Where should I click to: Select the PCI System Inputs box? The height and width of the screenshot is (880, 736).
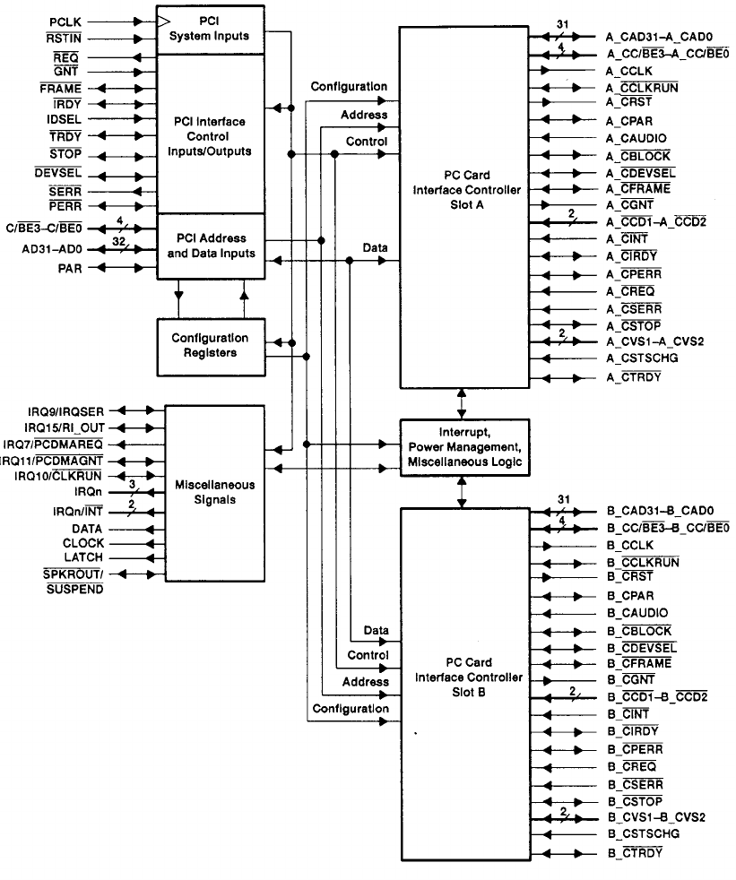pyautogui.click(x=211, y=28)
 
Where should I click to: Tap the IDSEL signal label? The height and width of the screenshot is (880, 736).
pyautogui.click(x=65, y=120)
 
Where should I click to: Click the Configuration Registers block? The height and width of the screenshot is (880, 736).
pyautogui.click(x=211, y=347)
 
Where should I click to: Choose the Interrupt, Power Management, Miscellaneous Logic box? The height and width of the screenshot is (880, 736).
pyautogui.click(x=465, y=445)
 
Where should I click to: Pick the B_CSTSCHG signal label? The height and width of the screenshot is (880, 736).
pyautogui.click(x=643, y=833)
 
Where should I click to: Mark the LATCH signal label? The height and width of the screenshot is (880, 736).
pyautogui.click(x=84, y=558)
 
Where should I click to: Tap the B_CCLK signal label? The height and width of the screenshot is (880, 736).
pyautogui.click(x=631, y=545)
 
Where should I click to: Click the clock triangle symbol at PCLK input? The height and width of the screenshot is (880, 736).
pyautogui.click(x=162, y=19)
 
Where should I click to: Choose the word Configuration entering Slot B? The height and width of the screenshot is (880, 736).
pyautogui.click(x=350, y=709)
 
